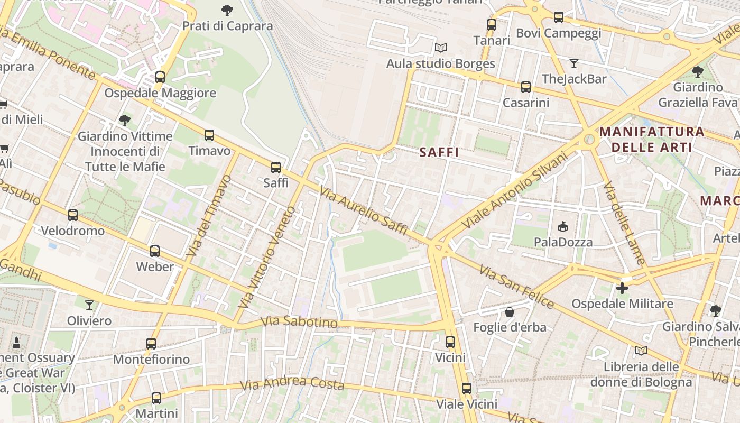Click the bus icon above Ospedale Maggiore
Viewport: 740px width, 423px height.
tap(160, 77)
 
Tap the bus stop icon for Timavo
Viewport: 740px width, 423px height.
tap(209, 135)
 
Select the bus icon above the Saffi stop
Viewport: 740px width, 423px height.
tap(276, 168)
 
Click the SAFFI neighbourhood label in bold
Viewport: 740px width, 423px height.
tap(439, 152)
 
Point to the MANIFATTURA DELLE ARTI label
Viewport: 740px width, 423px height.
tap(652, 139)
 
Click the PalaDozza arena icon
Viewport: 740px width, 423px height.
tap(562, 227)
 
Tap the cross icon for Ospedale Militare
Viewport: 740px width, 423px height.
tap(622, 288)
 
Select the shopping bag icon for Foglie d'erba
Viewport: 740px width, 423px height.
tap(510, 312)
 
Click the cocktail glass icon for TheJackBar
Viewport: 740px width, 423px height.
tap(574, 63)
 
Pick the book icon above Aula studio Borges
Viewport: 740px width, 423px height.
tap(441, 48)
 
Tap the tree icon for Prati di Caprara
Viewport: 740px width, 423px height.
tap(227, 10)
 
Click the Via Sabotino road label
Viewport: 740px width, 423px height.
tap(299, 321)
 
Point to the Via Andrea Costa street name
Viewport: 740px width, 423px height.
tap(292, 383)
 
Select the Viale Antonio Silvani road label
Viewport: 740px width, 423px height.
tap(514, 191)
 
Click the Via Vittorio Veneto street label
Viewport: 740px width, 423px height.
tap(267, 257)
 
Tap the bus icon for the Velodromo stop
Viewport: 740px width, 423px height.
tap(73, 215)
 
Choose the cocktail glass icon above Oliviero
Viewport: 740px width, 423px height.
tap(89, 305)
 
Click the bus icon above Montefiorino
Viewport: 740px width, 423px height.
tap(151, 344)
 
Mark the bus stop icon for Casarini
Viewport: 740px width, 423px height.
tap(525, 87)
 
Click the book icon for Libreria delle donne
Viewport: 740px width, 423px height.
tap(641, 351)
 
